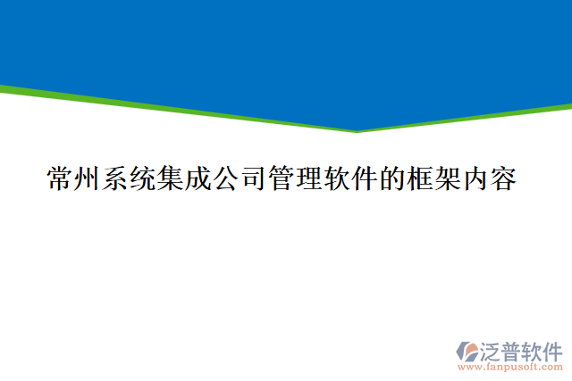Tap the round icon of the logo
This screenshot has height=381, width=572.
coord(469,350)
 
